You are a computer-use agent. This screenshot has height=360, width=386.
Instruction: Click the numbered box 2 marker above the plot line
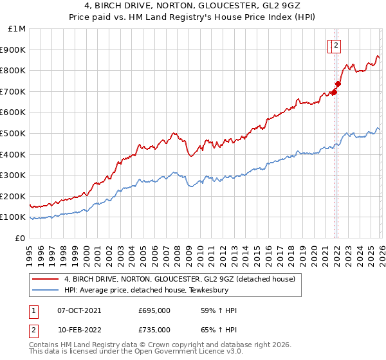(336, 45)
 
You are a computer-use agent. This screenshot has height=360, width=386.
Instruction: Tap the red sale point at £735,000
(338, 84)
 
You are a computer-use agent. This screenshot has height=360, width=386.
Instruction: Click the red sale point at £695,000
(334, 92)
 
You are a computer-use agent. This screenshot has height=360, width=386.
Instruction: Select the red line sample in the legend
(45, 280)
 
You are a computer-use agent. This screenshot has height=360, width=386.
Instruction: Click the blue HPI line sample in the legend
(45, 291)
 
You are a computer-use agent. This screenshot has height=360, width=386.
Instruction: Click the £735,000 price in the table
(154, 330)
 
